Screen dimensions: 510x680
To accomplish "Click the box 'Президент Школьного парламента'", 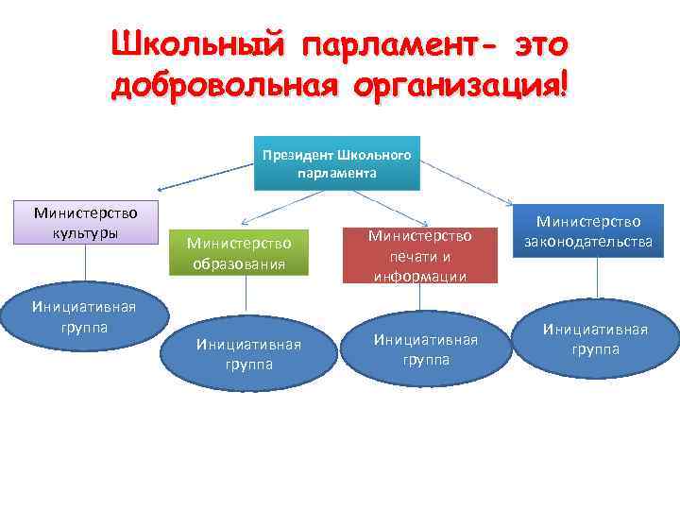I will click(337, 163).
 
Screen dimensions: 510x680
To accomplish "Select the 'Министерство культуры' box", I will click(79, 223).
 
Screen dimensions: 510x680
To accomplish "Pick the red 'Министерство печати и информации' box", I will click(419, 254).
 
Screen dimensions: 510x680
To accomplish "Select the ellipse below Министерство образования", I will click(248, 352).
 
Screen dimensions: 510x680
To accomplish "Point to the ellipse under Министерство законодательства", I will click(594, 338).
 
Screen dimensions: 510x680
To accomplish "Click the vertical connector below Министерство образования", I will click(247, 295).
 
